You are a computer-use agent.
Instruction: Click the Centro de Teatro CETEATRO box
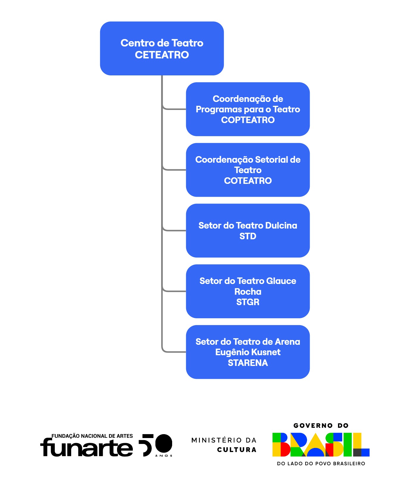[162, 48]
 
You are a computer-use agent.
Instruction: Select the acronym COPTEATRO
[248, 120]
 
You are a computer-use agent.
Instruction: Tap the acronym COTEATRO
[248, 181]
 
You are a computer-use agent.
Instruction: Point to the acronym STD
[248, 236]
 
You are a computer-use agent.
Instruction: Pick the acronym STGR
[248, 302]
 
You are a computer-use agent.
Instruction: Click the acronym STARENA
[248, 363]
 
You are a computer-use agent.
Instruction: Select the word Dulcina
[281, 226]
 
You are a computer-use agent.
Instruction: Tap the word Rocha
[248, 291]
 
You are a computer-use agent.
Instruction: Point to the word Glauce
[281, 281]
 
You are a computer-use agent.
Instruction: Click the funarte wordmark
[87, 448]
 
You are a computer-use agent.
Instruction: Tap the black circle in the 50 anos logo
[164, 443]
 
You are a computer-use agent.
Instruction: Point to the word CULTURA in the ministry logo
[237, 450]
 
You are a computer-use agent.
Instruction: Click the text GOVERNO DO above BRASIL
[321, 426]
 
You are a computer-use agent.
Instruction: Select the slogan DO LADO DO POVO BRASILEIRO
[321, 463]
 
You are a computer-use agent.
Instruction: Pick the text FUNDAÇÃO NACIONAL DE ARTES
[92, 436]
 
